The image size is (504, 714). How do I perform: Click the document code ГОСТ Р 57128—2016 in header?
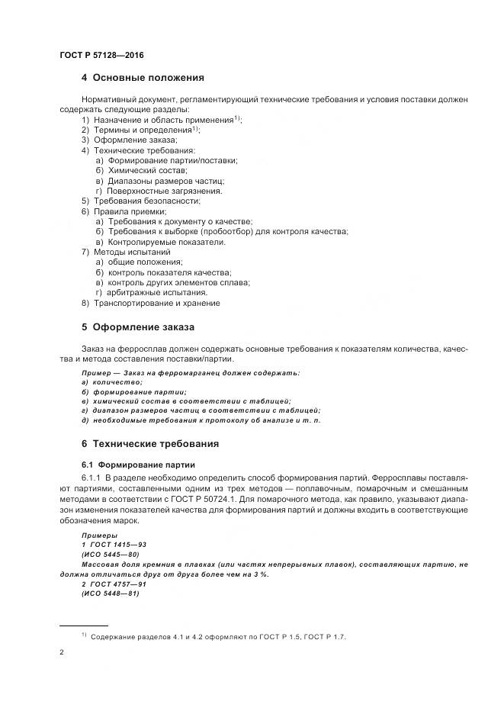click(101, 56)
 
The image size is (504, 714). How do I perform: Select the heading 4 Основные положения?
click(143, 78)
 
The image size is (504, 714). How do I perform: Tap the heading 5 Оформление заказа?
click(138, 327)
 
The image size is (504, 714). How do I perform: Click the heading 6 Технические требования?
click(150, 443)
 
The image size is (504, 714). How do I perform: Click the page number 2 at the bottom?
click(61, 652)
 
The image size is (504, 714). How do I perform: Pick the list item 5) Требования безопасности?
click(141, 201)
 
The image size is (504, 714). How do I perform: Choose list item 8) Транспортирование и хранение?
click(150, 303)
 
